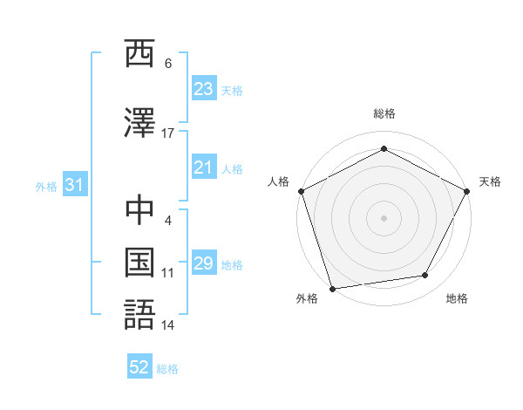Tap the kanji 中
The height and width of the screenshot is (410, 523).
point(139,210)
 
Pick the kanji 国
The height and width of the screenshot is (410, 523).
point(139,262)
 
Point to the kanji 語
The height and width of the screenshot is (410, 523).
point(139,313)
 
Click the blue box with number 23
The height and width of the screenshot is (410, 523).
point(204,89)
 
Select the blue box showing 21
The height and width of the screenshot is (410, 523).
point(204,168)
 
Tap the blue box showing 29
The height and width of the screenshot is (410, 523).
point(204,263)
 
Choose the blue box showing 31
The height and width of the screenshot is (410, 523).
point(74,185)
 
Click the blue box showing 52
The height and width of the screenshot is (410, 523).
point(139,367)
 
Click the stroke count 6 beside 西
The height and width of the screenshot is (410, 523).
point(168,64)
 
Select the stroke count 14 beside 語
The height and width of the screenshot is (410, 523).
point(167,325)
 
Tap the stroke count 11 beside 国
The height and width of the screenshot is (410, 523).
point(167,273)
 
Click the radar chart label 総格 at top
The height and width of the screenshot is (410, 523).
point(384,113)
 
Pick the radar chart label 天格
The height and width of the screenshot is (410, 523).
point(490,181)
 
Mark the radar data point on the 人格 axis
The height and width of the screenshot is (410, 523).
point(301,191)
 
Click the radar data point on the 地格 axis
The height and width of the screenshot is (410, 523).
point(425,276)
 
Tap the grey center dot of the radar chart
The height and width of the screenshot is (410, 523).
point(384,217)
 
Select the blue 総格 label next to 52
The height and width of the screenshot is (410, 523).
point(167,369)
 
